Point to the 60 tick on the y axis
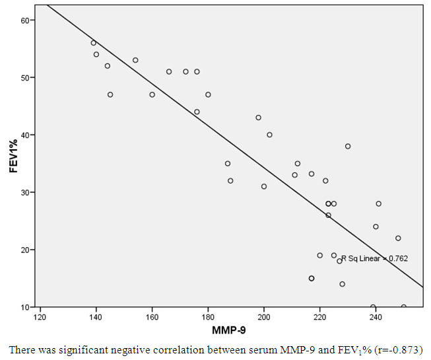[26, 20]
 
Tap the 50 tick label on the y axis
[26, 78]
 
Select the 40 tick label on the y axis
[26, 135]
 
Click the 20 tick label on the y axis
[26, 250]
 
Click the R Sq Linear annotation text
[374, 258]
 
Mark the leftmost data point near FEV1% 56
[93, 43]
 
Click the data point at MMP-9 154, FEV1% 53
[135, 60]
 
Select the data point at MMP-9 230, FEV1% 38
[348, 146]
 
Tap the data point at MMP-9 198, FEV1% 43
[258, 118]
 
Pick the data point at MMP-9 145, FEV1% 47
[110, 94]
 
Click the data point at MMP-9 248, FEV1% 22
[398, 238]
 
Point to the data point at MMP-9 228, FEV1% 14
[342, 284]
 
